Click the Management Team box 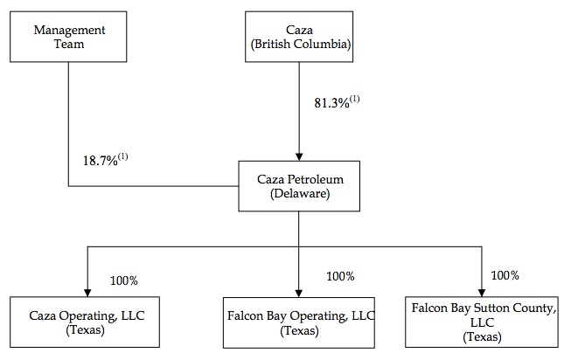(68, 37)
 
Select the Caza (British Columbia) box (299, 37)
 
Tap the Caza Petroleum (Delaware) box (299, 186)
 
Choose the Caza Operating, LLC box (85, 322)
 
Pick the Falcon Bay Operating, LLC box (299, 322)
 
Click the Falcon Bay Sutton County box (482, 322)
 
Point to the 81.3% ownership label (337, 102)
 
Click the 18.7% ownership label (105, 160)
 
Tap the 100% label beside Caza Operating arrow (124, 280)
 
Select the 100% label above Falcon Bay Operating (340, 276)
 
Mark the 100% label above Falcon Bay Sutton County (505, 275)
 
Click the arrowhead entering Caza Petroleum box (299, 156)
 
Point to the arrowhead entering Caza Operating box (87, 293)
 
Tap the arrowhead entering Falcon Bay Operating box (299, 294)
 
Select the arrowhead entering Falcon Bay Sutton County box (482, 293)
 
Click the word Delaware (300, 193)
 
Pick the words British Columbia (301, 44)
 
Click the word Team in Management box (69, 44)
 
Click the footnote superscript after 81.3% (355, 99)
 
